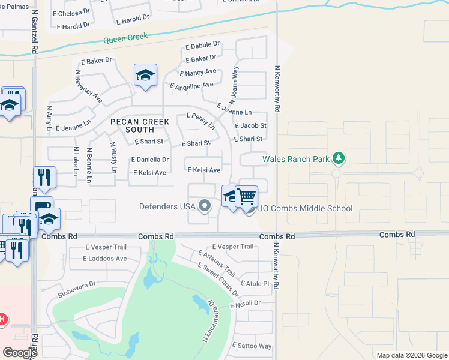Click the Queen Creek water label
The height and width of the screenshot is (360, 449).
tap(125, 40)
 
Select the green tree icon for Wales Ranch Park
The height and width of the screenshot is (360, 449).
tap(339, 158)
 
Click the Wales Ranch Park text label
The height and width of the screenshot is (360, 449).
tap(297, 159)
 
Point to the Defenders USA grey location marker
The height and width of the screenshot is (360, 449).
tap(205, 206)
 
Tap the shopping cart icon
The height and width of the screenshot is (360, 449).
tap(247, 196)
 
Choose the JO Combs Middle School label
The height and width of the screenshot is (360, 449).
tap(306, 208)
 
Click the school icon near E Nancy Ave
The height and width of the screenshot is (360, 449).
tap(145, 76)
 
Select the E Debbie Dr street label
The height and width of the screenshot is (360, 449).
tap(203, 44)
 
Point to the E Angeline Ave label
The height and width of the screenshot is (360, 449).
tap(192, 86)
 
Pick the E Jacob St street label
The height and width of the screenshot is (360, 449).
tap(251, 126)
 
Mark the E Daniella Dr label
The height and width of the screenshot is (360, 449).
tap(149, 160)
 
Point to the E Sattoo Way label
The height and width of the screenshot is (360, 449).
tap(253, 346)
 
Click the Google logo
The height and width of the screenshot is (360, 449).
tap(20, 353)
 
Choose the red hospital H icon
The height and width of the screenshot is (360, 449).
tap(2, 319)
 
